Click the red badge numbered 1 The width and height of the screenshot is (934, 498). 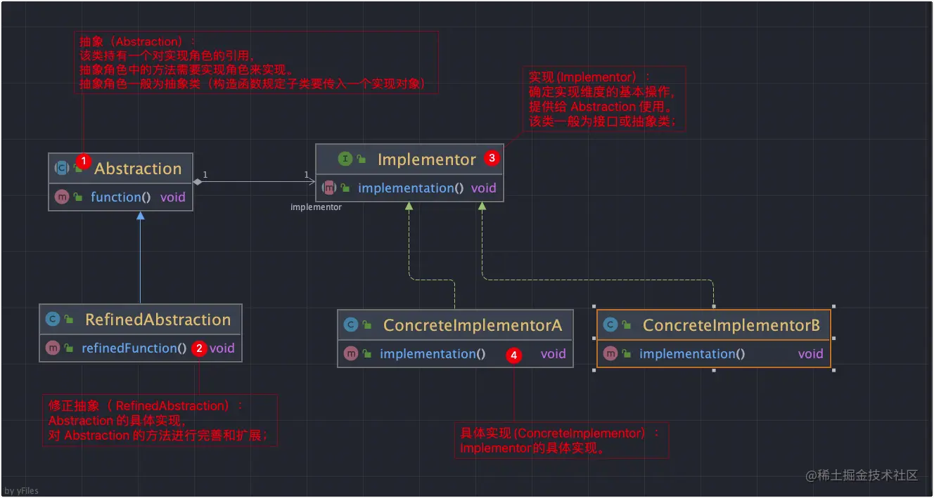point(84,161)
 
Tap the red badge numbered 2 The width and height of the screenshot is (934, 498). point(199,348)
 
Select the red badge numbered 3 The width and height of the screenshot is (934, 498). point(492,158)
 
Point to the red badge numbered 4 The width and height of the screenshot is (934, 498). point(513,355)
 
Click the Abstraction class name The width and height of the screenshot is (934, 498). point(138,169)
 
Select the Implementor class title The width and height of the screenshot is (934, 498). point(426,159)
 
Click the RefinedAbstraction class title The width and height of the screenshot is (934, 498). point(158,320)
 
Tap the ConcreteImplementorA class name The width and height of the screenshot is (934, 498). point(473,325)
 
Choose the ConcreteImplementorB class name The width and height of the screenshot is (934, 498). point(731,325)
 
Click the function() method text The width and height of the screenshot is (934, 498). point(121,197)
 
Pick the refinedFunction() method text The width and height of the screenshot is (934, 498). point(134,348)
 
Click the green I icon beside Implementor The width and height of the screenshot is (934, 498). point(345,159)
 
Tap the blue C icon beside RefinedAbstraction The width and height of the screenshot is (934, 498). point(53,319)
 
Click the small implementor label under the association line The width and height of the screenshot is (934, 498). point(316,207)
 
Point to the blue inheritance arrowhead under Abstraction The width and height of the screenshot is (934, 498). point(141,216)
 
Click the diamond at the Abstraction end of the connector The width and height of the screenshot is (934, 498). point(198,181)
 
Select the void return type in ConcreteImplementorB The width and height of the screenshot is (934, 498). point(811,354)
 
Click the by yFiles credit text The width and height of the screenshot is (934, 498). point(21,491)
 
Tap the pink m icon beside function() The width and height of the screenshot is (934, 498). point(62,197)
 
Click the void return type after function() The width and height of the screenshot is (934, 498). point(173,197)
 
